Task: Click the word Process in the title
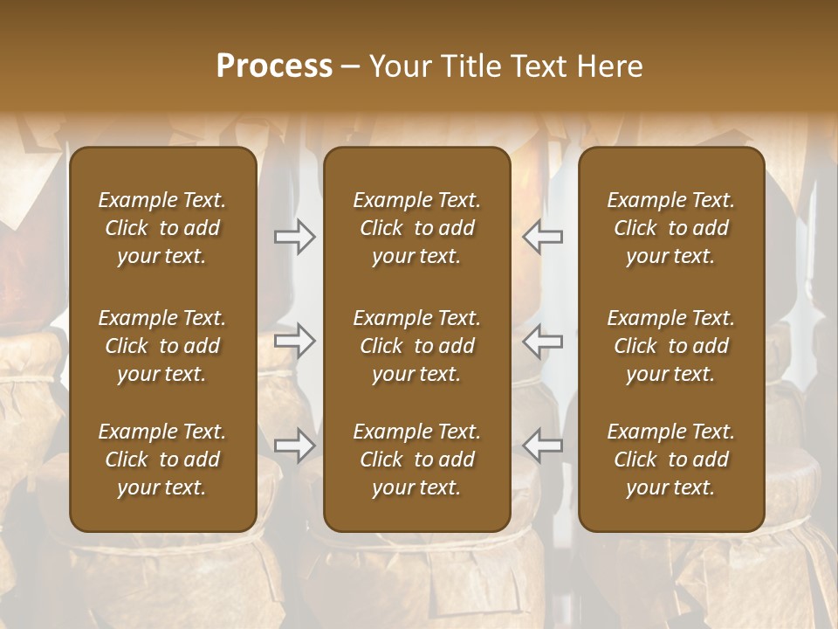pos(274,66)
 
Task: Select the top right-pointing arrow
pos(295,237)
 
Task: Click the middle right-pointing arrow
pos(295,341)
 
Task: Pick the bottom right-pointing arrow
pos(295,446)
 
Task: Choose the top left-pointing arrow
pos(543,237)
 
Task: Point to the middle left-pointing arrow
pos(543,341)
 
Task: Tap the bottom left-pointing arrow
pos(543,446)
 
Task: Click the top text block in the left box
pos(162,228)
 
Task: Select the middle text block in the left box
pos(162,346)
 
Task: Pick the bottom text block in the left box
pos(162,460)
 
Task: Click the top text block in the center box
pos(416,228)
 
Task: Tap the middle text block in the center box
pos(416,346)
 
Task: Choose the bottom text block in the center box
pos(416,460)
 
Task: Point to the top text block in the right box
pos(671,228)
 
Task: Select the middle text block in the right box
pos(671,346)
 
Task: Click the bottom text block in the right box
pos(671,460)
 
